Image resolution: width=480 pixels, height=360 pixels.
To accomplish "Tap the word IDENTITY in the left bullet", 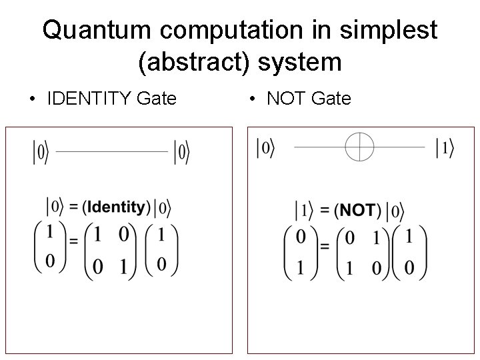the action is pyautogui.click(x=88, y=99).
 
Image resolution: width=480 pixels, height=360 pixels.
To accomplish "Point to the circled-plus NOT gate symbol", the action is pyautogui.click(x=359, y=146).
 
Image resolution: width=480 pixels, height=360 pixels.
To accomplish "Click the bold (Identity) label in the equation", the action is pyautogui.click(x=117, y=207).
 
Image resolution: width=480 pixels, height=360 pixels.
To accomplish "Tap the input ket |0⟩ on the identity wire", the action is pyautogui.click(x=41, y=153).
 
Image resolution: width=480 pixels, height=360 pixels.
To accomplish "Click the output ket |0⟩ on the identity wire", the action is pyautogui.click(x=181, y=153).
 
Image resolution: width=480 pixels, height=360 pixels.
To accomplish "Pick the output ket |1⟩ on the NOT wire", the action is pyautogui.click(x=444, y=148).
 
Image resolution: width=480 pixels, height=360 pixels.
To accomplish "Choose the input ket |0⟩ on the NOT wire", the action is pyautogui.click(x=265, y=148).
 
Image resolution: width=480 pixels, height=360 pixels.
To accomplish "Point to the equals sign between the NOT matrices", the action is pyautogui.click(x=325, y=247).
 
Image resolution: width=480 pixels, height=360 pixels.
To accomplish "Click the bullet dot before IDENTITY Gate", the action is pyautogui.click(x=32, y=100).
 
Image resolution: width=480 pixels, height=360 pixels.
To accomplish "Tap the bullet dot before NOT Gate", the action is pyautogui.click(x=252, y=100).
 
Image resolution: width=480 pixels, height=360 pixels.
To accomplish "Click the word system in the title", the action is pyautogui.click(x=299, y=63).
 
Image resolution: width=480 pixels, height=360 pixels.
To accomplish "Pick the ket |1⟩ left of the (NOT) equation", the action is pyautogui.click(x=304, y=211).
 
